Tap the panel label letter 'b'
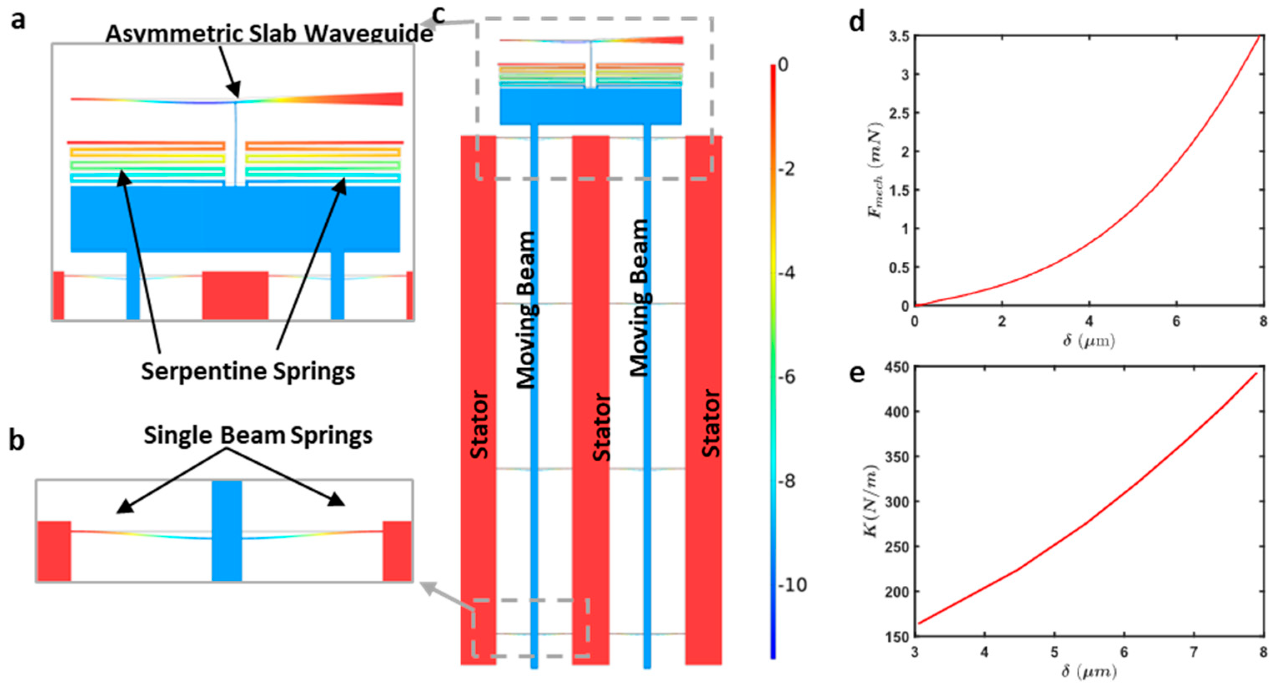[x=17, y=440]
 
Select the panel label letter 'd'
[x=857, y=22]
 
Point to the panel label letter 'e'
[x=857, y=374]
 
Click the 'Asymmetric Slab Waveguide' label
[x=269, y=34]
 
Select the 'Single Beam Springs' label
[x=258, y=435]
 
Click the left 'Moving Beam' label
[x=526, y=310]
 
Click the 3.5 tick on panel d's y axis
[x=898, y=37]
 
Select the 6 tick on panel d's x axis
[x=1176, y=322]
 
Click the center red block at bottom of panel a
[x=236, y=295]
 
